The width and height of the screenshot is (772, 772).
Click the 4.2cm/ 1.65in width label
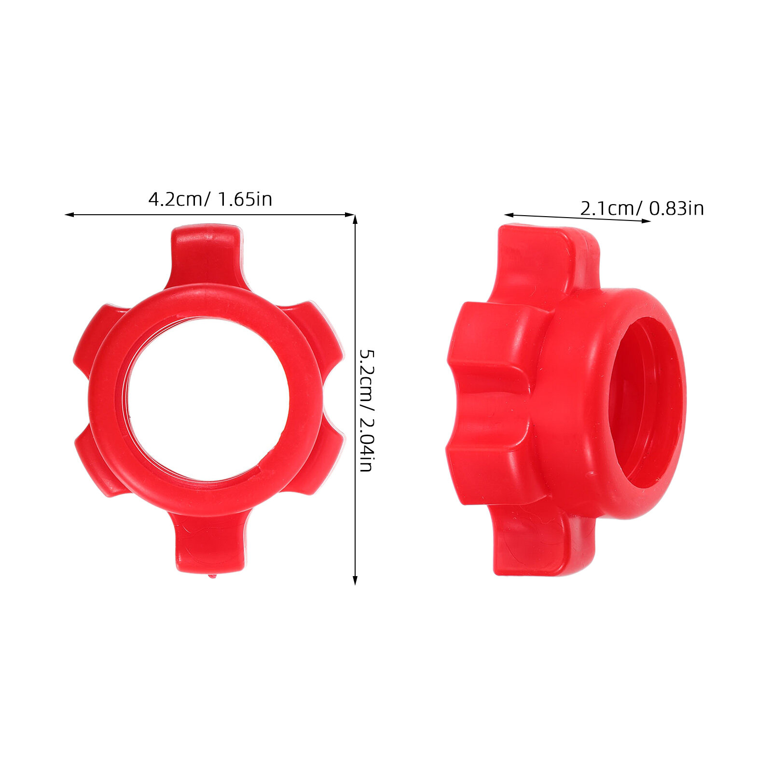tap(210, 199)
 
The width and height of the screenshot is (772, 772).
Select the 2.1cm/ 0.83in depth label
tap(642, 208)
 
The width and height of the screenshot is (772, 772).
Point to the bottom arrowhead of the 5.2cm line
tap(355, 580)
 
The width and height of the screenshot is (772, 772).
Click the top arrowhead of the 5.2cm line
tap(355, 220)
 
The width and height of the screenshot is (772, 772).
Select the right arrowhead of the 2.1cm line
tap(646, 221)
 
